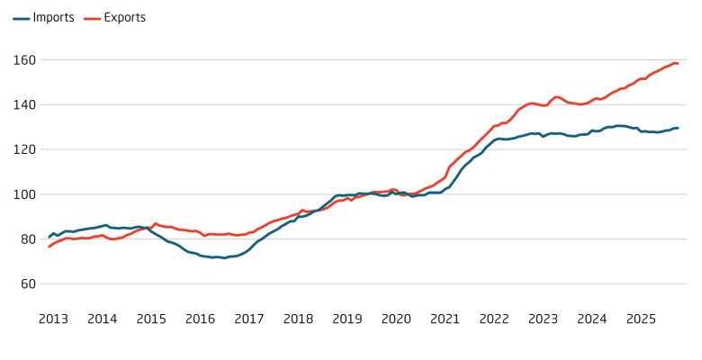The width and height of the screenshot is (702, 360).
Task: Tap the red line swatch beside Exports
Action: point(91,18)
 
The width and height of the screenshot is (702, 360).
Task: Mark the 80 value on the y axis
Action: point(27,239)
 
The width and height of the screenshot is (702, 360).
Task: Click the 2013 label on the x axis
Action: point(53,319)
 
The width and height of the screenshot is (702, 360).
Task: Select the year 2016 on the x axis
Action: point(200,319)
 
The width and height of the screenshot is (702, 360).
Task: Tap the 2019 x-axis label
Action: point(346,319)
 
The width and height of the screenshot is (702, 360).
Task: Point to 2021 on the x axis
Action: point(445,319)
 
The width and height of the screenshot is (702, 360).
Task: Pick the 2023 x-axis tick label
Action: point(543,319)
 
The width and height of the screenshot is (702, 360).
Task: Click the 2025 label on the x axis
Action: point(641,319)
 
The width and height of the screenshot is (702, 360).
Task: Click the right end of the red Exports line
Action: point(678,63)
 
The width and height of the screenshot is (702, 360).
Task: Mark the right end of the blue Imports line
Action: point(678,128)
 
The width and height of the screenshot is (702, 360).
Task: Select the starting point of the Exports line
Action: point(49,247)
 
